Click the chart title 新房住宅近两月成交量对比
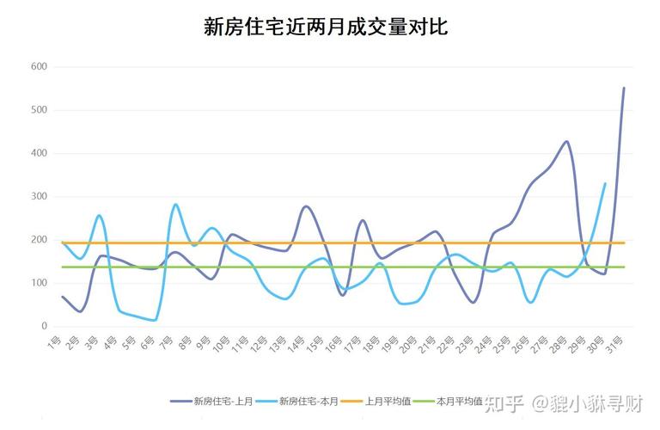pyautogui.click(x=326, y=28)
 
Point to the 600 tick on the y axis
pyautogui.click(x=38, y=66)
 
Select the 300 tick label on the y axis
pyautogui.click(x=38, y=197)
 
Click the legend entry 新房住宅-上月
pyautogui.click(x=215, y=401)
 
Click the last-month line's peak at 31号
pyautogui.click(x=624, y=88)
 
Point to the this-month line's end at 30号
pyautogui.click(x=605, y=183)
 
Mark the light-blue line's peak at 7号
pyautogui.click(x=175, y=205)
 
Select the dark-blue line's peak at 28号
pyautogui.click(x=566, y=142)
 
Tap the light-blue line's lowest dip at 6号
pyautogui.click(x=155, y=320)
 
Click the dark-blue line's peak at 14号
pyautogui.click(x=306, y=206)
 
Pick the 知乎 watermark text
pyautogui.click(x=503, y=401)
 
